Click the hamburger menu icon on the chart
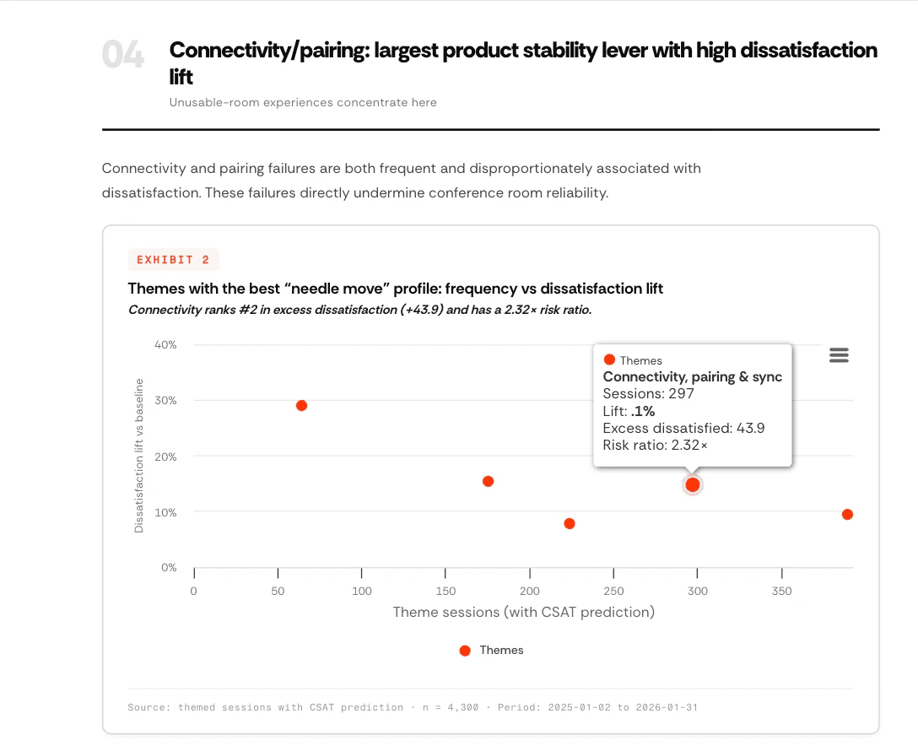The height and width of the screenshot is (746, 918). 839,355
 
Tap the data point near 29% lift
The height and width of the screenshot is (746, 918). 301,405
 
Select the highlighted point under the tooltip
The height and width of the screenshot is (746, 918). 693,484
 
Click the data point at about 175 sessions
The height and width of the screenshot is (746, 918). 488,481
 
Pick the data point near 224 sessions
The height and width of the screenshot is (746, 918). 570,523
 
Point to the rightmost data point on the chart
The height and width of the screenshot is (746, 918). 847,514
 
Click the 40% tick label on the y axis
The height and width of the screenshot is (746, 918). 165,344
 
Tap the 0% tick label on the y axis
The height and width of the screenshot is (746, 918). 168,567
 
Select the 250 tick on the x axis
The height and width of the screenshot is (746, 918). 613,591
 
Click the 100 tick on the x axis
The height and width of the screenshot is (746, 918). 361,591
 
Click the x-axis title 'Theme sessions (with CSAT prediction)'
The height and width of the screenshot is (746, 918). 523,612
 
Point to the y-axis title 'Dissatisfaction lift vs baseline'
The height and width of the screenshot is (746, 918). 139,456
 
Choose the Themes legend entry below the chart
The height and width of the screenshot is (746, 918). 492,650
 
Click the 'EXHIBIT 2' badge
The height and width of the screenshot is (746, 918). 173,260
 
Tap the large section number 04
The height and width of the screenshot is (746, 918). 123,56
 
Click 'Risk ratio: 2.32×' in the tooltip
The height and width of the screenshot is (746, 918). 655,445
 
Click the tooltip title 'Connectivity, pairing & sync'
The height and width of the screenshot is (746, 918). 692,377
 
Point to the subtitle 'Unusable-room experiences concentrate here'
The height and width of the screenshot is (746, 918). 303,102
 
